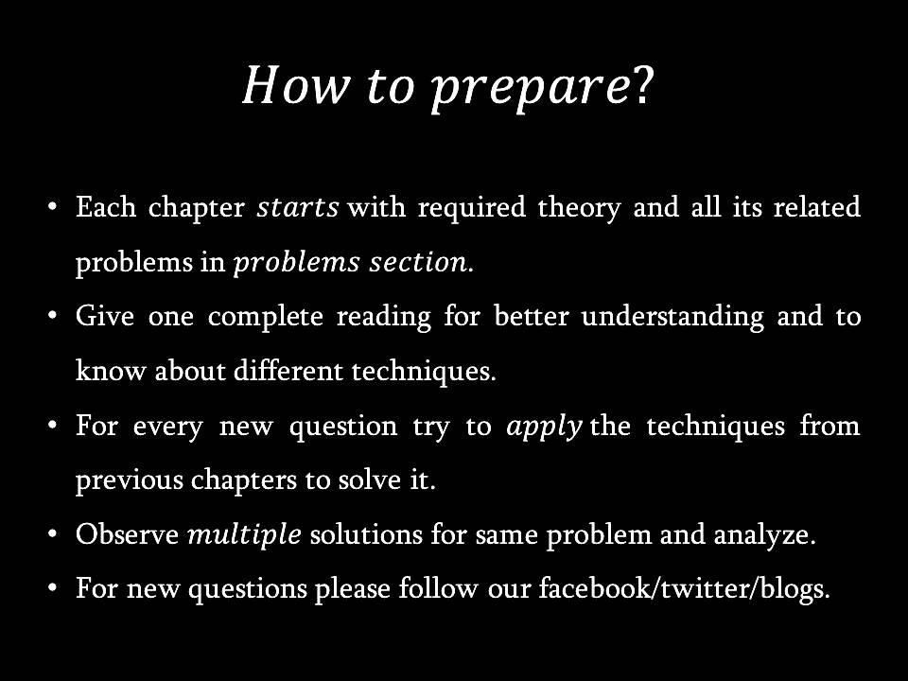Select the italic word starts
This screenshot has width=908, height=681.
(x=298, y=208)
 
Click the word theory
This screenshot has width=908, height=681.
(x=579, y=208)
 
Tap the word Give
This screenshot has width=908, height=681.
(x=105, y=317)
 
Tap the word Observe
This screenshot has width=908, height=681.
(x=128, y=534)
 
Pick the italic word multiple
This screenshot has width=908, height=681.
(x=244, y=535)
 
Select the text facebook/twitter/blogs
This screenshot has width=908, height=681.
(x=684, y=589)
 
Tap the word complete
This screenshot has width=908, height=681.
(x=265, y=318)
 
